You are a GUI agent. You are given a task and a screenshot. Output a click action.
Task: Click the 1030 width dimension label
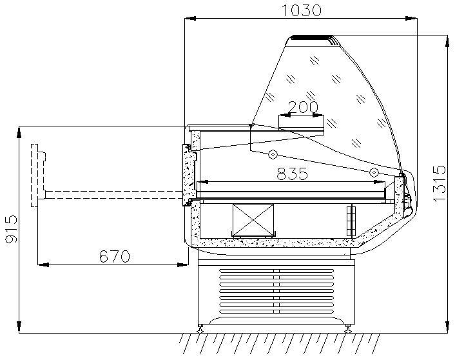pos(302,10)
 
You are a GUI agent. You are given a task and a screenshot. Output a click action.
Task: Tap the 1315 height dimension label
pos(440,183)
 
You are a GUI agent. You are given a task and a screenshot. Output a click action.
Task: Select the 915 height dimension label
pos(12,228)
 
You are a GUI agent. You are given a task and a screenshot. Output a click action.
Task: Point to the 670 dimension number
pos(114,256)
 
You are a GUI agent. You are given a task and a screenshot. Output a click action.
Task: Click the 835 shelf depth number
pos(292,174)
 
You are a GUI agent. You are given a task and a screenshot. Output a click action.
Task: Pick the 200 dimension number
pos(304,107)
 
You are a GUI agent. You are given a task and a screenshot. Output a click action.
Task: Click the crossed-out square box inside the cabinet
pos(253,220)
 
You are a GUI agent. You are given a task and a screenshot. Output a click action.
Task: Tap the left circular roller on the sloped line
pos(273,154)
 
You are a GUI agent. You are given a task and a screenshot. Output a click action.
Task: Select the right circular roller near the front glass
pos(374,173)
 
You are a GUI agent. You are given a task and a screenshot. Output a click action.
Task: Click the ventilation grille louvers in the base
pos(276,291)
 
